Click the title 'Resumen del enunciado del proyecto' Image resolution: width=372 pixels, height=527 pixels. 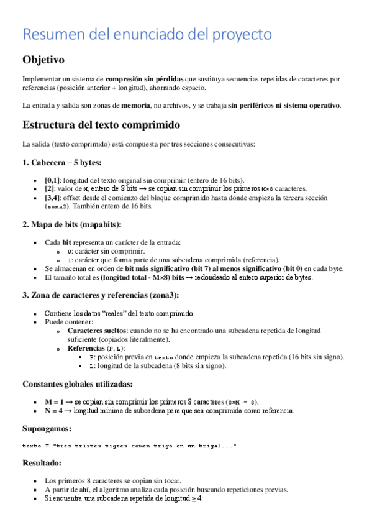(147, 35)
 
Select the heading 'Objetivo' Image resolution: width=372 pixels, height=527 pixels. (43, 60)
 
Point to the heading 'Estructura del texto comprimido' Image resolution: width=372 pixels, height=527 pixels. (101, 125)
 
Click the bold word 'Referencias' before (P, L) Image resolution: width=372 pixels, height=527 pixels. (84, 348)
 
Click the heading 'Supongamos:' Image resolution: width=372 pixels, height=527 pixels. (47, 429)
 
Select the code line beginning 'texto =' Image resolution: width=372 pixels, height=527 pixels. (129, 446)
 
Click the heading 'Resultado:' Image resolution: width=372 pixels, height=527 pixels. (43, 463)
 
